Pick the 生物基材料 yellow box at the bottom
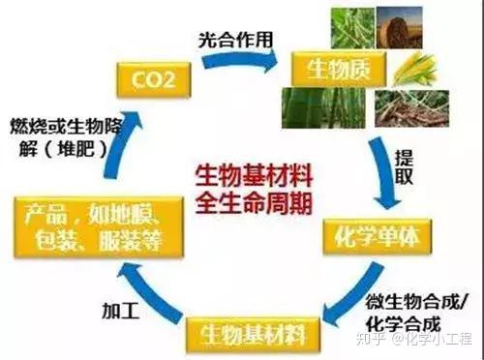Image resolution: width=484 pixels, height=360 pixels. point(253,335)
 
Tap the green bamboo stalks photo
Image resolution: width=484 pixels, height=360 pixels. point(319,110)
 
